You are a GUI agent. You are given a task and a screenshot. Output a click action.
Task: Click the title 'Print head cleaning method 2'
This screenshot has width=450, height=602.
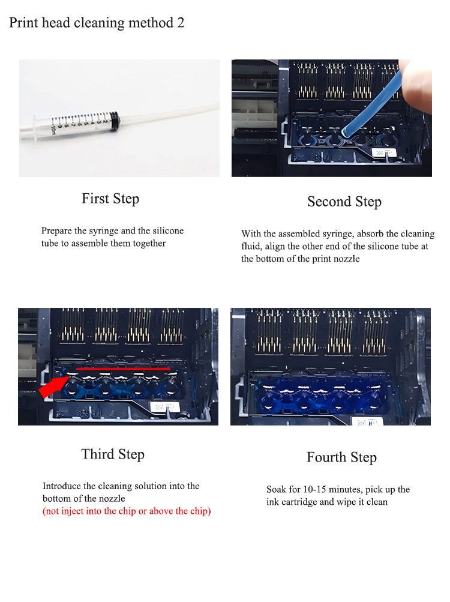pyautogui.click(x=97, y=23)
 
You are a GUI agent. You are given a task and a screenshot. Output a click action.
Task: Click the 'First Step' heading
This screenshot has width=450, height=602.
pyautogui.click(x=110, y=199)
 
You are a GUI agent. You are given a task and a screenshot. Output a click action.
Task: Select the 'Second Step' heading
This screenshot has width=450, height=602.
pyautogui.click(x=344, y=202)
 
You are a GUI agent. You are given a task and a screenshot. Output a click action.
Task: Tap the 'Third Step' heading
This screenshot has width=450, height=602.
pyautogui.click(x=113, y=454)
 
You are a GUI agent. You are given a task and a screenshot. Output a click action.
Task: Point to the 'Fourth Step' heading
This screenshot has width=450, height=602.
pyautogui.click(x=342, y=457)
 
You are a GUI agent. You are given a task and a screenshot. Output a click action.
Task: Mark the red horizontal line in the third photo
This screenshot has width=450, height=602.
pyautogui.click(x=123, y=369)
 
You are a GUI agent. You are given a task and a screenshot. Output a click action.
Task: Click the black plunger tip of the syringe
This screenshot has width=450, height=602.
pyautogui.click(x=114, y=121)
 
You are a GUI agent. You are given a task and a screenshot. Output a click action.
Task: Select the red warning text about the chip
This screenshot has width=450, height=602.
pyautogui.click(x=127, y=511)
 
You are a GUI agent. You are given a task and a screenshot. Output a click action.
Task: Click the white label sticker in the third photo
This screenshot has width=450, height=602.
pyautogui.click(x=165, y=407)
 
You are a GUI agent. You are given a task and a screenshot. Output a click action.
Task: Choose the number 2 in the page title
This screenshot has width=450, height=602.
pyautogui.click(x=181, y=23)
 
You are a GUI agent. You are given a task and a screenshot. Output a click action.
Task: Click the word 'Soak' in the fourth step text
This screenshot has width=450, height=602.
pyautogui.click(x=276, y=490)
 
